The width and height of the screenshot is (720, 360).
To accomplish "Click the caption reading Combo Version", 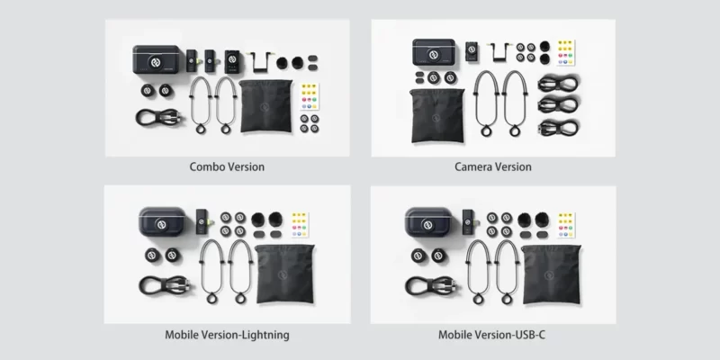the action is pos(227,166).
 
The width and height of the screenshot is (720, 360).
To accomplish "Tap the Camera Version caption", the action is pos(493,166).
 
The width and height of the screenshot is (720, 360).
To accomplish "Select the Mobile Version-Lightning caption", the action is pos(227,335).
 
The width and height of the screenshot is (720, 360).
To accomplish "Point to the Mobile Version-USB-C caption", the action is pos(491,335).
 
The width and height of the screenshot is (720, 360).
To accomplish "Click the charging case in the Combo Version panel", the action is pos(156,59).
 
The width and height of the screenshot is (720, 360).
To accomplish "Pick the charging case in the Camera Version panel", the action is pos(434,52).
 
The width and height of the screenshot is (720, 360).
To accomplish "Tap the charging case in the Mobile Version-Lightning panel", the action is pos(163,221).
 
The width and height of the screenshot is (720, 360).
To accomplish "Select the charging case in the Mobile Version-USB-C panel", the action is pos(429,221).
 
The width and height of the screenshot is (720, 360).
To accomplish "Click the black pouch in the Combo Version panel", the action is pos(265,106).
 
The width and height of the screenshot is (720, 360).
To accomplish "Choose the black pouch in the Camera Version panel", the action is pos(436,115).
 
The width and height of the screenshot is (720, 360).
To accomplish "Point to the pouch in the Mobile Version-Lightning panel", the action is pos(284,274).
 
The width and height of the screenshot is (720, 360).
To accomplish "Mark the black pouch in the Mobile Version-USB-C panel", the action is pos(551,274).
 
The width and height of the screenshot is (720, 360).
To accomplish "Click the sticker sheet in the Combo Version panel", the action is pos(310,96).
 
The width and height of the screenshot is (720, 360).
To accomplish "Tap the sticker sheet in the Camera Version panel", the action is pos(566,53).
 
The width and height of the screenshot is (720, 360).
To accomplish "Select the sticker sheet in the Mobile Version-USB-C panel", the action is pos(566,225).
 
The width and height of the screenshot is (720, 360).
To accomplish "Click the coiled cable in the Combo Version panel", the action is pos(158,118).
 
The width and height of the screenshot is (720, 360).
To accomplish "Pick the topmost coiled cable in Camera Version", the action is pos(558,84).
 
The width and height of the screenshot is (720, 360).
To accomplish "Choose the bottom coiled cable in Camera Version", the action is pos(558,127).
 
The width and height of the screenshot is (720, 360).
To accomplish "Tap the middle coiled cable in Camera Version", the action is pos(558,105).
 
